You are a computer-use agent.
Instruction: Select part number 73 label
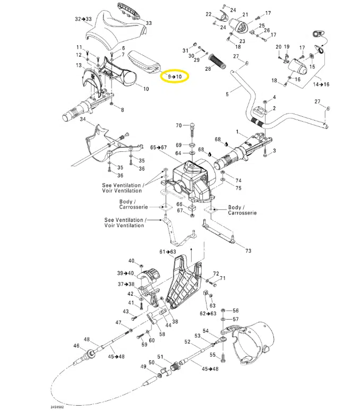pos(248,250)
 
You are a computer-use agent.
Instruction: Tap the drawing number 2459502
pos(58,408)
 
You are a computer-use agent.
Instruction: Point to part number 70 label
pos(179,126)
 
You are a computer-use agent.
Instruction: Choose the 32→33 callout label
pos(83,19)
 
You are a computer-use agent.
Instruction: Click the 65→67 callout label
pos(158,147)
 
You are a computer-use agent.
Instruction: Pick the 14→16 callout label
pos(321,84)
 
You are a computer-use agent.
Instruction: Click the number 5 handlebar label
pos(227,95)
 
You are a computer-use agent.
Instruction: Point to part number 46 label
pos(76,346)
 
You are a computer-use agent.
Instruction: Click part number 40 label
pos(131,261)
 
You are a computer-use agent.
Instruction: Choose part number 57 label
pos(236,319)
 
